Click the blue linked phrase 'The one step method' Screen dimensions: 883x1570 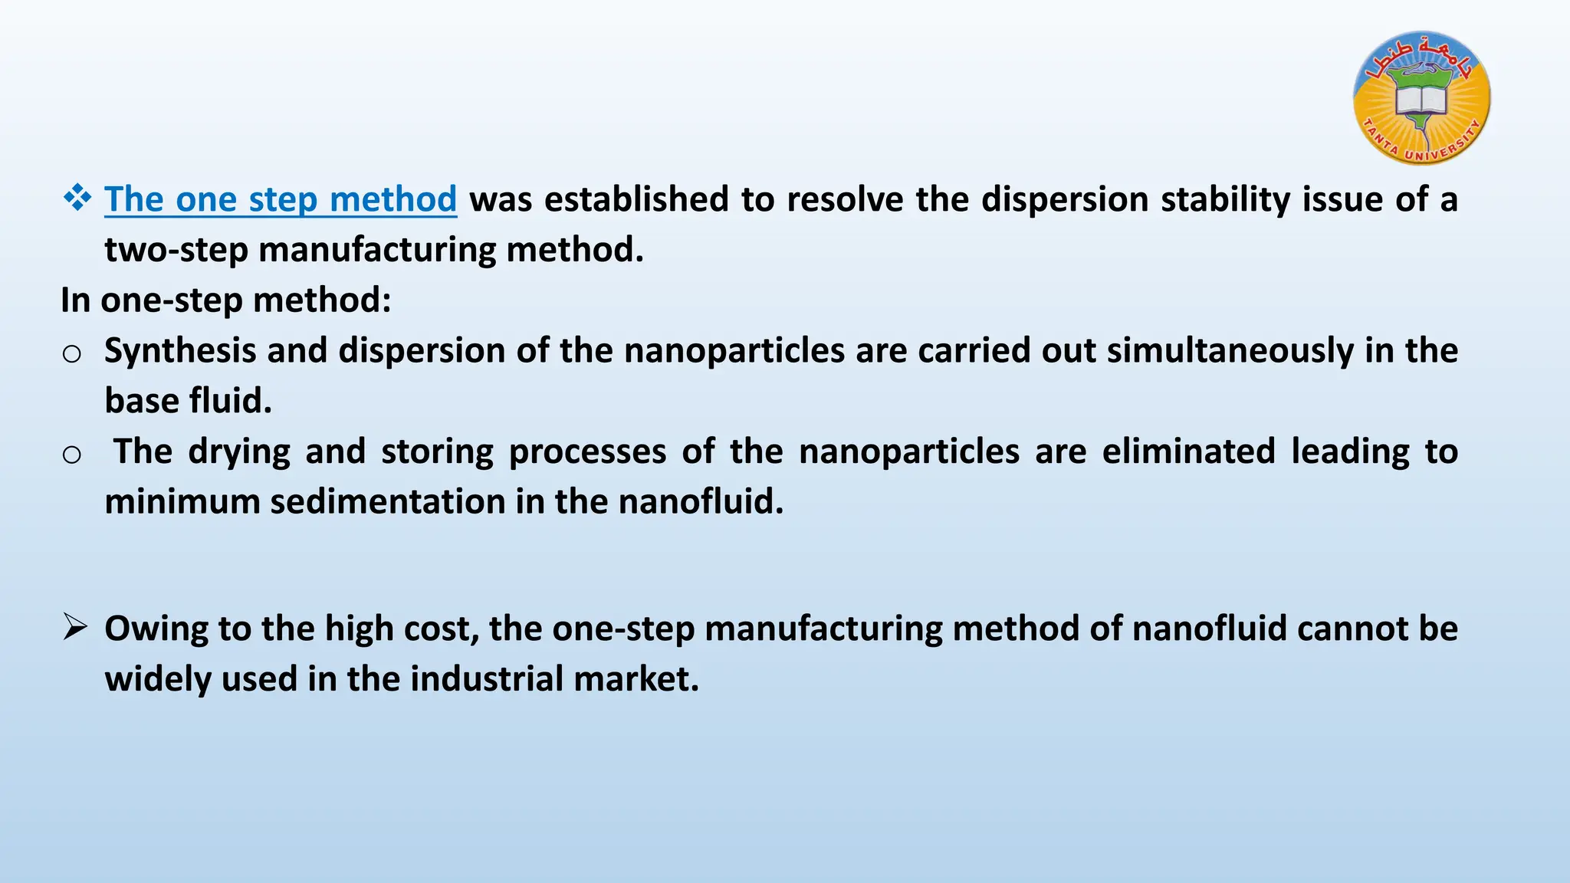281,199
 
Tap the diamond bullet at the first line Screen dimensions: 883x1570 77,199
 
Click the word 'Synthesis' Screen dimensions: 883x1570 179,351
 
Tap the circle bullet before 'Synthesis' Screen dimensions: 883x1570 72,353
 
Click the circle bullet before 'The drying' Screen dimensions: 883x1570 72,455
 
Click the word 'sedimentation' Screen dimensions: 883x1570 387,502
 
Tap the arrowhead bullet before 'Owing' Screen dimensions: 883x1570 75,628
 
